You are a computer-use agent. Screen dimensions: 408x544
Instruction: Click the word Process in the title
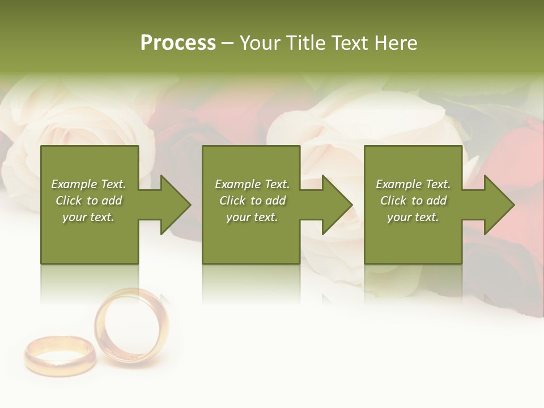178,43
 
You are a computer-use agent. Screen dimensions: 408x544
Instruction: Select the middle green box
251,244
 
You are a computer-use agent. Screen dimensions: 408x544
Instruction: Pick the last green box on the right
413,244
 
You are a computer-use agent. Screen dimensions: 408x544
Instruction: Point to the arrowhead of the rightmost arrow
499,205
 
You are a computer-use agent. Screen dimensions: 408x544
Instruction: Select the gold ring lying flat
59,355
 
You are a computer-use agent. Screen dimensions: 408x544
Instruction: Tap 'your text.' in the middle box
252,217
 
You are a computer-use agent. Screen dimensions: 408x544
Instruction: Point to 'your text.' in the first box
88,217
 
